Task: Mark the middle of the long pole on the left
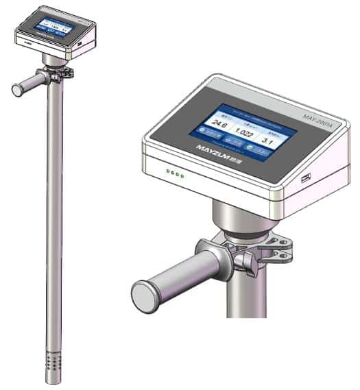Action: tap(53, 219)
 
